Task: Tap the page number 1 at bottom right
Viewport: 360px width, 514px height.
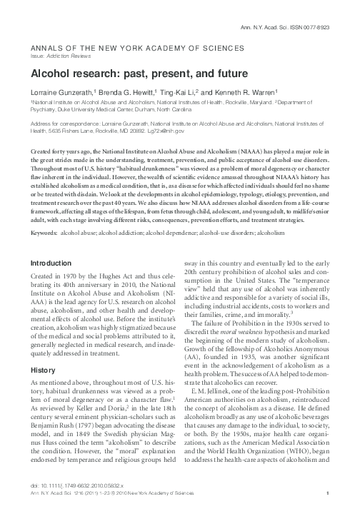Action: pos(326,493)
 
